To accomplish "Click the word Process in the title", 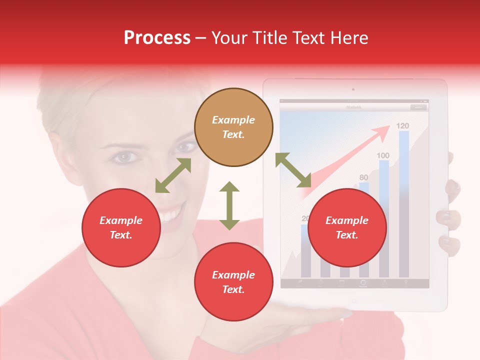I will coord(157,38).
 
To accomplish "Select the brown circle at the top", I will coord(233,127).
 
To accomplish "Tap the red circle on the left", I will coord(121,227).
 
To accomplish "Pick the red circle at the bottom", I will coord(233,281).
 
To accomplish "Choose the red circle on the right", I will coord(347,227).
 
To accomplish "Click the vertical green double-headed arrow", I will coord(229,205).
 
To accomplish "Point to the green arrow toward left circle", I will coord(173,175).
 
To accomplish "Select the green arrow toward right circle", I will coord(293,170).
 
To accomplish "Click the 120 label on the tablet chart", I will coord(402,125).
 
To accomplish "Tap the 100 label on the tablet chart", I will coord(383,155).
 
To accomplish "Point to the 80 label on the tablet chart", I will coord(363,177).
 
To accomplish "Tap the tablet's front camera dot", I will coord(353,90).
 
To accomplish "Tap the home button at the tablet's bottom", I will coord(354,301).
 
